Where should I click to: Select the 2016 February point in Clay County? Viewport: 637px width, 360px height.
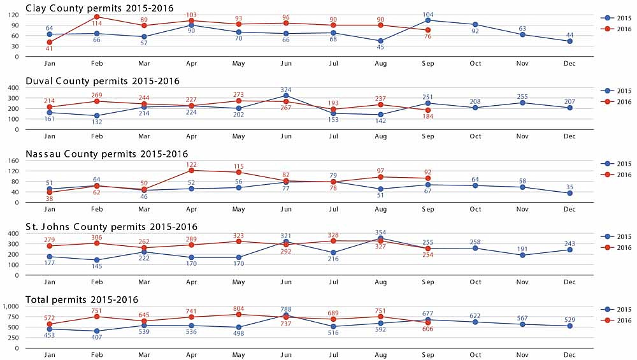click(x=96, y=17)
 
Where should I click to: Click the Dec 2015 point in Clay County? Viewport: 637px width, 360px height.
click(x=569, y=41)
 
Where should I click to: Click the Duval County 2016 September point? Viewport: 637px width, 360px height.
click(x=428, y=110)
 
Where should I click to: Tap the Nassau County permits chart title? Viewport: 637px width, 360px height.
click(x=106, y=154)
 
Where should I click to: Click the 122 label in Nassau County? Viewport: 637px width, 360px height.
click(x=191, y=164)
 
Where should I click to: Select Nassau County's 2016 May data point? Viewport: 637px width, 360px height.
click(x=239, y=173)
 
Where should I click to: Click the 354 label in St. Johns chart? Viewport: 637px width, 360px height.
click(x=381, y=232)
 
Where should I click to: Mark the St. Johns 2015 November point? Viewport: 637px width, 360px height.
click(x=522, y=255)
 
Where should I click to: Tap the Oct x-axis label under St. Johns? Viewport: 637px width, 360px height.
click(x=475, y=282)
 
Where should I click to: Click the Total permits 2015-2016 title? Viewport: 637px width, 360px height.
click(x=82, y=299)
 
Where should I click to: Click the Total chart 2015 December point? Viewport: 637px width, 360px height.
click(x=569, y=326)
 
